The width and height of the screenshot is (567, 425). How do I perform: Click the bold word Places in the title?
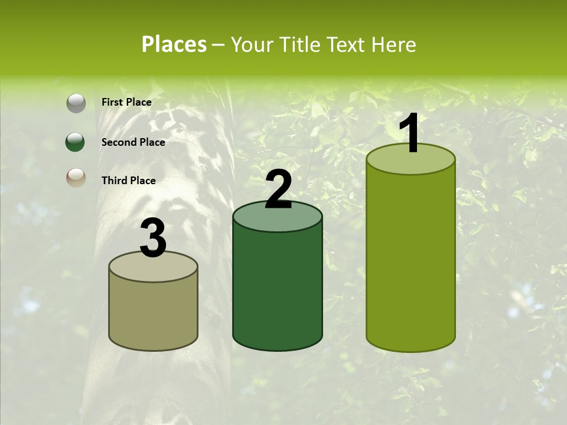tap(174, 45)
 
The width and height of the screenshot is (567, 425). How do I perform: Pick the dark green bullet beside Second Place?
tap(76, 142)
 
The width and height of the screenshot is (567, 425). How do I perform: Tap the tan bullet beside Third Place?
tap(76, 178)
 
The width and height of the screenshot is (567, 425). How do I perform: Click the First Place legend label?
tap(126, 102)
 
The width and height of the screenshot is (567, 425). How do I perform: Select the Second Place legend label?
tap(133, 142)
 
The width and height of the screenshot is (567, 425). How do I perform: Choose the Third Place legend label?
tap(129, 181)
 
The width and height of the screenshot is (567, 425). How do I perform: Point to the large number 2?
tap(279, 189)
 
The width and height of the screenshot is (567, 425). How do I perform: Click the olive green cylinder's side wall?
tap(411, 260)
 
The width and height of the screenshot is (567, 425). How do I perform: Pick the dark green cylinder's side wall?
tap(278, 289)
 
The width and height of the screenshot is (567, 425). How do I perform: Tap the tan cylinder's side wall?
tap(154, 316)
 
